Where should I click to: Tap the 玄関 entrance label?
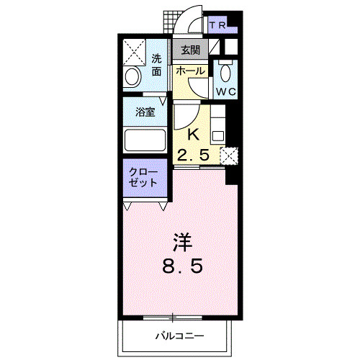[x=190, y=51]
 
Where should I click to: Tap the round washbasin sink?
[x=133, y=77]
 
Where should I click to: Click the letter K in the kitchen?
[x=193, y=133]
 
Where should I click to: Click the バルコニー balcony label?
[x=179, y=336]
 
